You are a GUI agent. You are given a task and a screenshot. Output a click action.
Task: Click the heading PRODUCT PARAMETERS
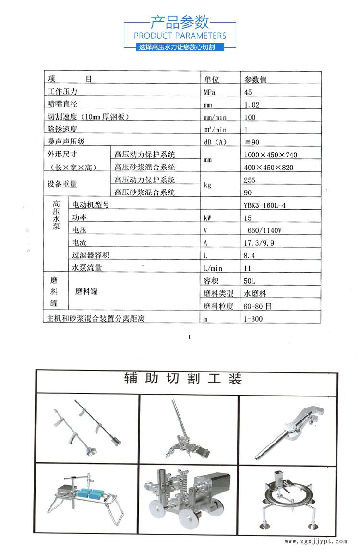click(180, 36)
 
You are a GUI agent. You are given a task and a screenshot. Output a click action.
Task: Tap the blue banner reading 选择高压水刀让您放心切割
click(180, 48)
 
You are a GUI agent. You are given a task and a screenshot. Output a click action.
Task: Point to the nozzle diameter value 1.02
click(252, 105)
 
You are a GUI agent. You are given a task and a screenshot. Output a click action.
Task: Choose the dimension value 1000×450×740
click(271, 155)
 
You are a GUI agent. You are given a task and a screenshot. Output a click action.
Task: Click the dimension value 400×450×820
click(268, 167)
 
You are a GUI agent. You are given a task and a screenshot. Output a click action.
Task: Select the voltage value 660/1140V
click(263, 230)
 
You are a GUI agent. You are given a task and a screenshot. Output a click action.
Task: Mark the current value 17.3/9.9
click(259, 243)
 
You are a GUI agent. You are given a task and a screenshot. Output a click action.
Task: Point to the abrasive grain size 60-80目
click(258, 306)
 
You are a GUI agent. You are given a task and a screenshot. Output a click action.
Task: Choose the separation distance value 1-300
click(253, 319)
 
